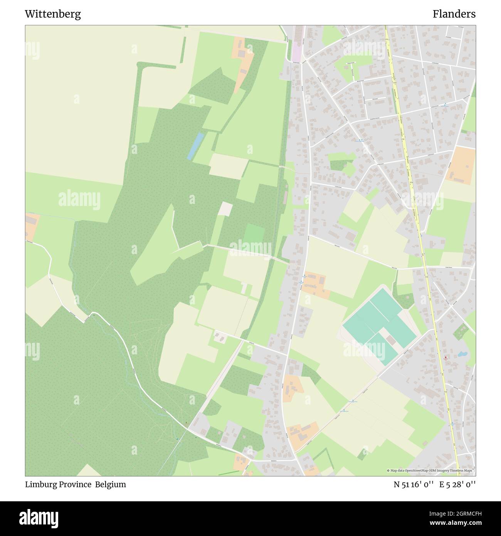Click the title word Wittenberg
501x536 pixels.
(53, 14)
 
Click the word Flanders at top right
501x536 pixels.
(454, 14)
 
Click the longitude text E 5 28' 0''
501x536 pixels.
(457, 484)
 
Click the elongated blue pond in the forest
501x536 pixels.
(196, 146)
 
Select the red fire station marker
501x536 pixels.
(446, 357)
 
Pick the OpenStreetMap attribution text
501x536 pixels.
(431, 470)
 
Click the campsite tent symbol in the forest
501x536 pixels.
(187, 423)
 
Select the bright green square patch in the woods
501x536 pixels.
(254, 233)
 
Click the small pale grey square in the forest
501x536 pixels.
(225, 209)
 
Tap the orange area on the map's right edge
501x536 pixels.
(462, 165)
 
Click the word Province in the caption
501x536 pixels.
(75, 484)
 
